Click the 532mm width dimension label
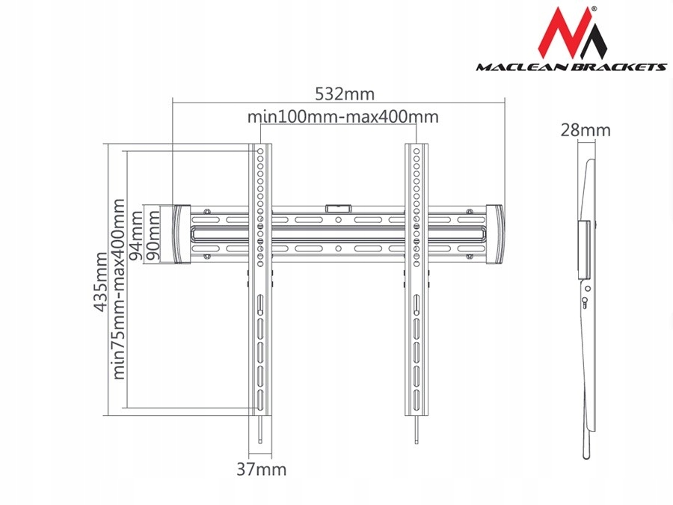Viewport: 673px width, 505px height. tap(345, 94)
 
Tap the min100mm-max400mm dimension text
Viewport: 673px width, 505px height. tap(343, 117)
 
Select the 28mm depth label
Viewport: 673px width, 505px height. tap(586, 130)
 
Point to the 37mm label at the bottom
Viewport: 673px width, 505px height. tap(262, 469)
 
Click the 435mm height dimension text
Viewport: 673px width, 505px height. tap(101, 282)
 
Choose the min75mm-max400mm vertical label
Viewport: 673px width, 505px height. tap(118, 289)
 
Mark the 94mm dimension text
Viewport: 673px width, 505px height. tap(137, 236)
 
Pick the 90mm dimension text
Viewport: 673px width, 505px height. tap(153, 236)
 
